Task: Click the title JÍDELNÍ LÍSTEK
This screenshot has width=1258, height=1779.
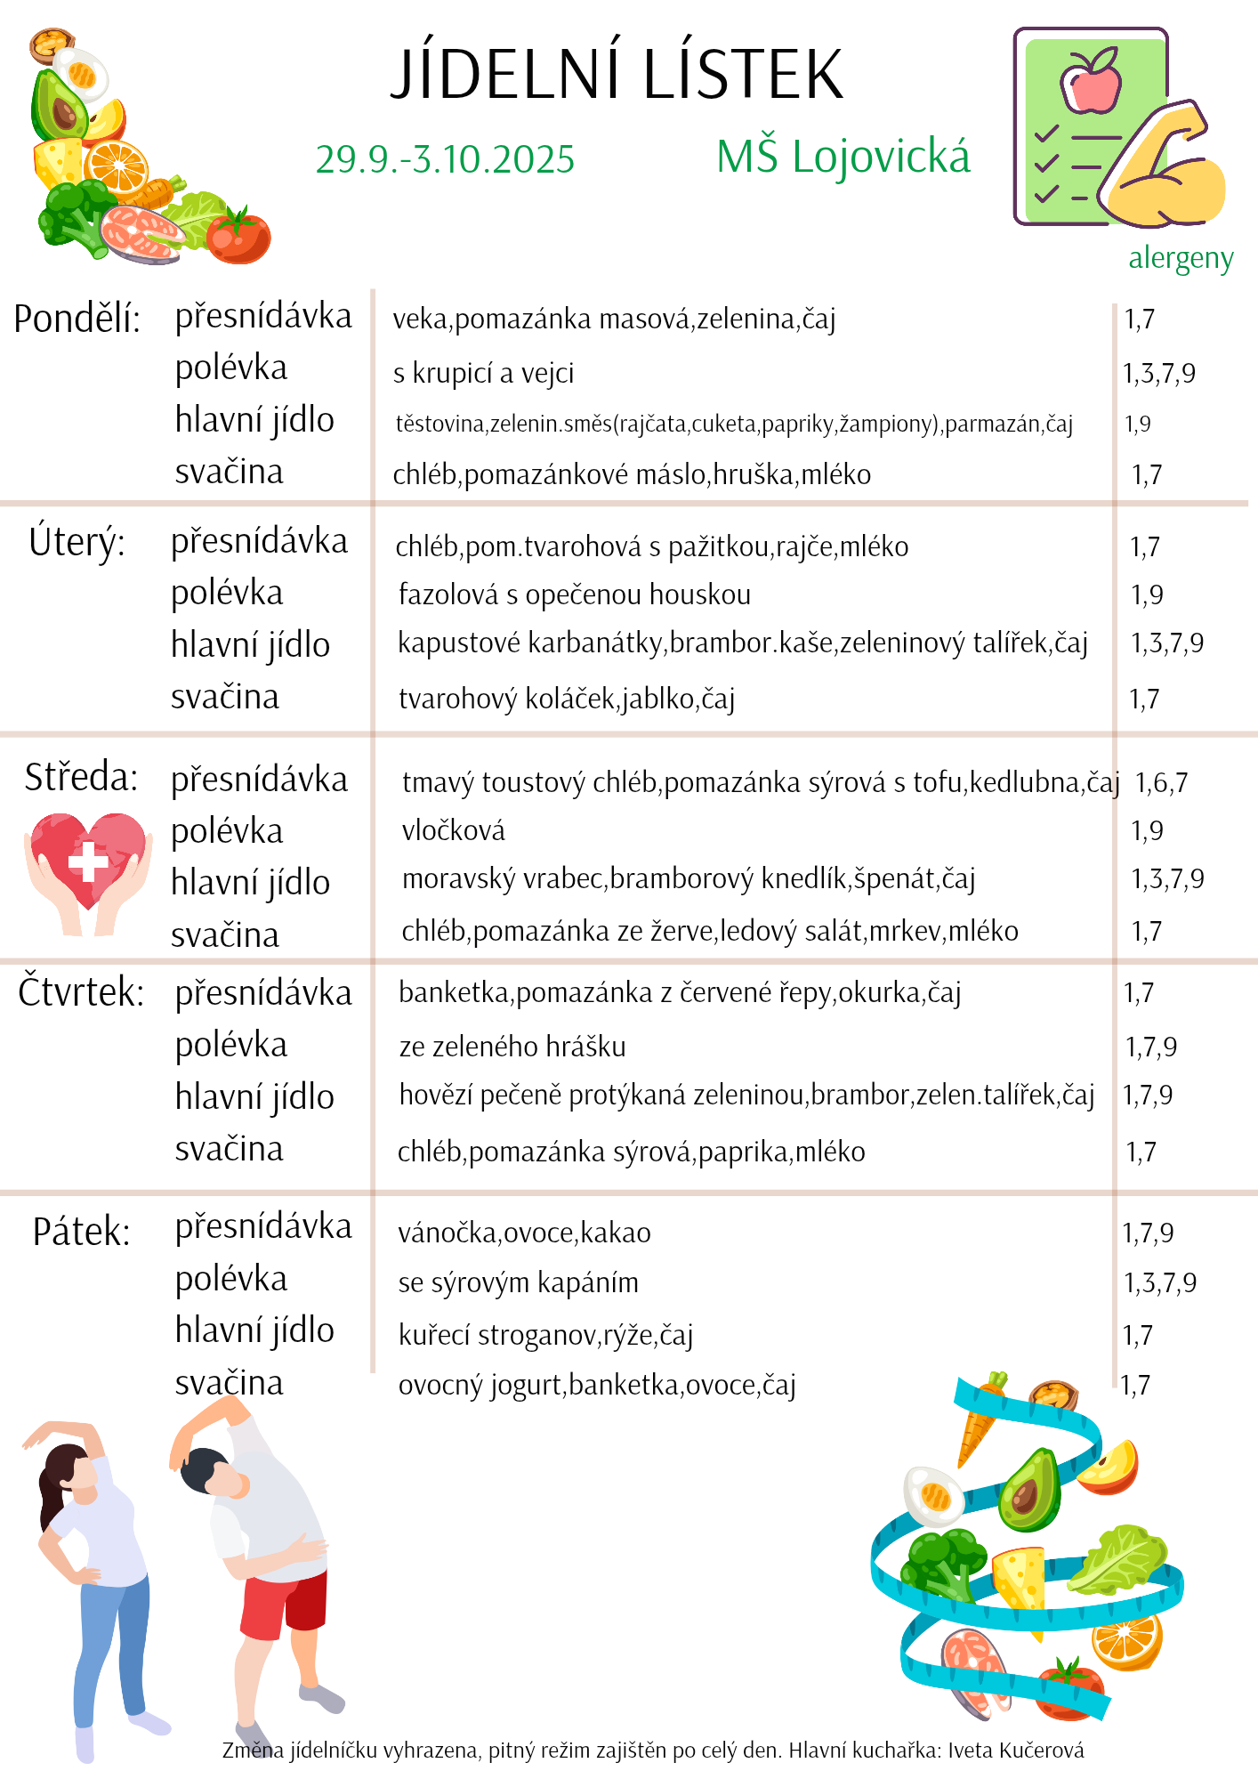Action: click(617, 74)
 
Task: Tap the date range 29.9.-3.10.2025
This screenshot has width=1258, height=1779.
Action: click(445, 160)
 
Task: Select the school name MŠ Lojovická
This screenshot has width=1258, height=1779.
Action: click(843, 158)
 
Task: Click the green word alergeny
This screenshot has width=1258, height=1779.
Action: click(1181, 258)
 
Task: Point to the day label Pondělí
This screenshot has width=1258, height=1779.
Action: click(77, 319)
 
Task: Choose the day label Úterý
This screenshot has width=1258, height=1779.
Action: click(77, 542)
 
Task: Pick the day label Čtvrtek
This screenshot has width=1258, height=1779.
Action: click(81, 992)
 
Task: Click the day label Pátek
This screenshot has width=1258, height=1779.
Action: click(81, 1233)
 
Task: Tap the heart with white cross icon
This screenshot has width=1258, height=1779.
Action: click(87, 861)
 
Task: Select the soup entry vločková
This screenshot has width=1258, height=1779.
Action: click(453, 830)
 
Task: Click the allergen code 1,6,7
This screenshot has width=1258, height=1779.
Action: click(1161, 783)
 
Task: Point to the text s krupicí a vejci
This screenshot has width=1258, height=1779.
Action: click(483, 373)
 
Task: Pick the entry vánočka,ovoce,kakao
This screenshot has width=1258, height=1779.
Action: click(524, 1233)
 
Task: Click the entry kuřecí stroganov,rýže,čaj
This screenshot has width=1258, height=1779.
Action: click(545, 1335)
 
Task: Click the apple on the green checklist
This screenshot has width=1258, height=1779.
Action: click(1091, 80)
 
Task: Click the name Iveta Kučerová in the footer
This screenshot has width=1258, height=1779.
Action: click(1015, 1751)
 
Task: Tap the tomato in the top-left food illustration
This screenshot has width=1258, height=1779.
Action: click(238, 236)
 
